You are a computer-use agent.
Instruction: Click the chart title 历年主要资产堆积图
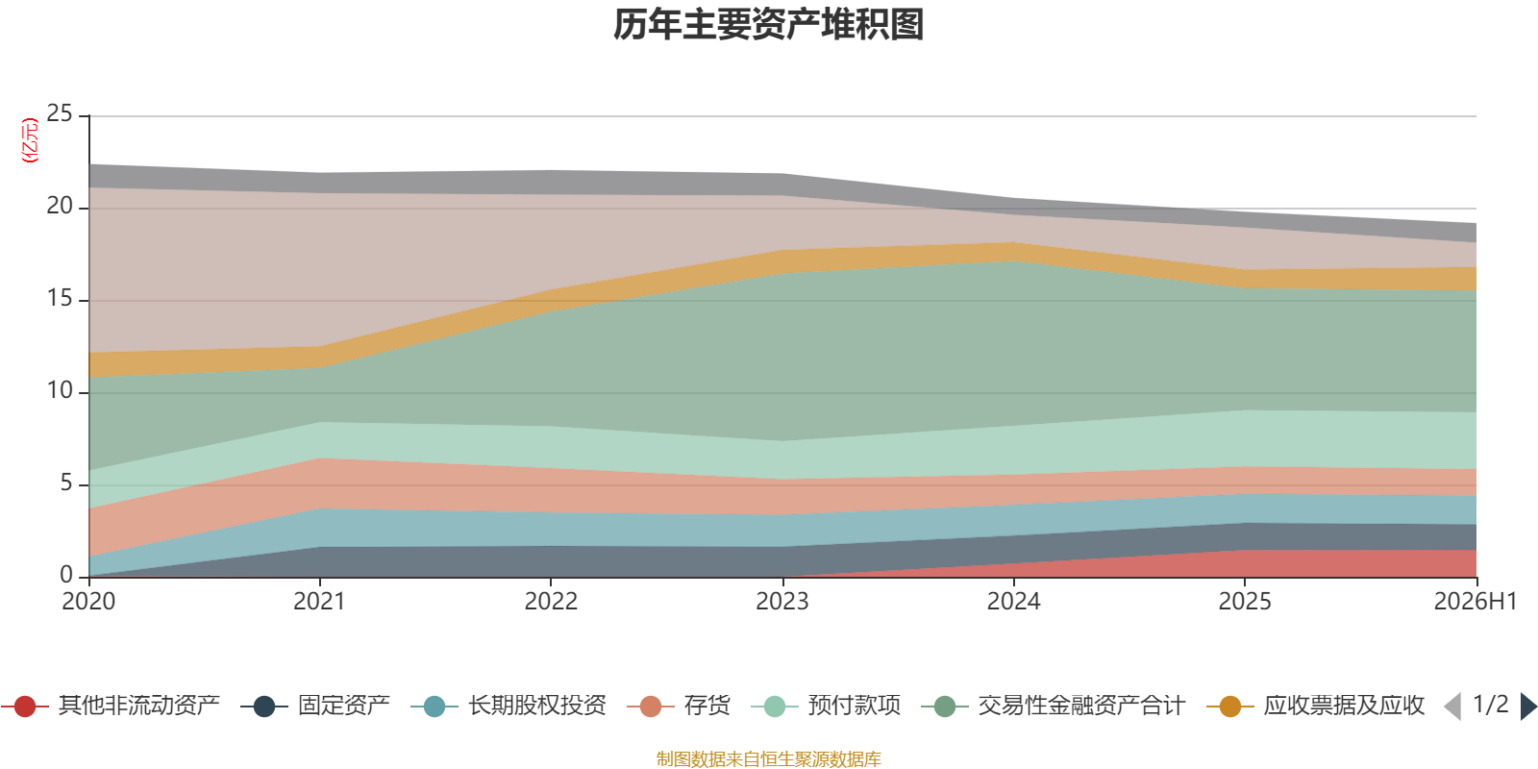click(768, 25)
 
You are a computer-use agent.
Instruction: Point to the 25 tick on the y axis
click(60, 114)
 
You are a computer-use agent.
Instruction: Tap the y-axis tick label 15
click(60, 299)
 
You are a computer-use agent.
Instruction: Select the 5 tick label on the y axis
click(66, 484)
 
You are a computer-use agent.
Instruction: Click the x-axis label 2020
click(88, 602)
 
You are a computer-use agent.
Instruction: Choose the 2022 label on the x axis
click(552, 602)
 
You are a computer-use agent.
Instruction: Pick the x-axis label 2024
click(1013, 602)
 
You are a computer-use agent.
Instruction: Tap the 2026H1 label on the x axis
click(1476, 602)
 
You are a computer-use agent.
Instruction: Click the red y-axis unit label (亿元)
click(30, 140)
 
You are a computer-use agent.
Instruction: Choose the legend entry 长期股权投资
click(509, 706)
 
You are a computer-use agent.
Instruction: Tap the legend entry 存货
click(679, 706)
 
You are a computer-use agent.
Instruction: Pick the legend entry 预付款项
click(827, 706)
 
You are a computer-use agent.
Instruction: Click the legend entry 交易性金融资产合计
click(1054, 706)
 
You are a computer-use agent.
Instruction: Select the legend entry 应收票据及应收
click(1316, 706)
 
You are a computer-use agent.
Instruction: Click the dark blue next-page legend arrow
click(1528, 706)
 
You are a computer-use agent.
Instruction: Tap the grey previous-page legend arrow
click(1452, 706)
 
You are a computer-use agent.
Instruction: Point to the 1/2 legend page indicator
click(1491, 705)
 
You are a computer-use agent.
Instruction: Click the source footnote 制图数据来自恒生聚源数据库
click(768, 758)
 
